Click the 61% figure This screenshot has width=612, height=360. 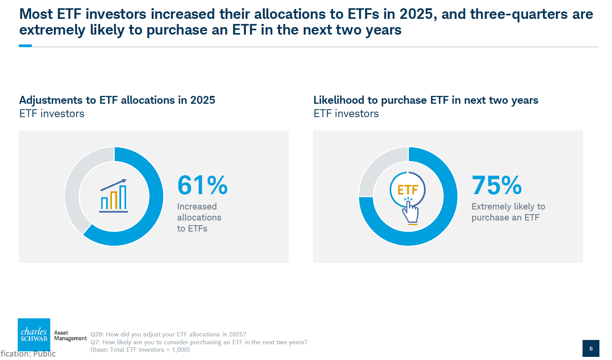point(202,185)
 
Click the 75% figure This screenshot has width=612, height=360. point(497,185)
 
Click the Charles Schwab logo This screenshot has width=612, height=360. point(34,334)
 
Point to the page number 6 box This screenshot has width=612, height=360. point(591,349)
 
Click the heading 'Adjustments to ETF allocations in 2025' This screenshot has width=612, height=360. point(117,100)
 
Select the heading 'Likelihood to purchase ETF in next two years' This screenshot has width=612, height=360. point(426,100)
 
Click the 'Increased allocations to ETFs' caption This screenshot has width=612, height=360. point(199,217)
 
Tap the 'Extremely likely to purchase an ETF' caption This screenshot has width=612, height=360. point(508,212)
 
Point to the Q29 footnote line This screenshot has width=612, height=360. point(168,334)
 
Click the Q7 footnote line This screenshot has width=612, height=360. point(199,342)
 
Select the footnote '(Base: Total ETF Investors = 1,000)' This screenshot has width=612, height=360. point(140,350)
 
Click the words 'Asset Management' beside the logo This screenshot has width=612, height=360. point(70,336)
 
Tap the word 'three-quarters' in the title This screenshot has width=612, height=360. point(519,14)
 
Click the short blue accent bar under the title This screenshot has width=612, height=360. point(25,46)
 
